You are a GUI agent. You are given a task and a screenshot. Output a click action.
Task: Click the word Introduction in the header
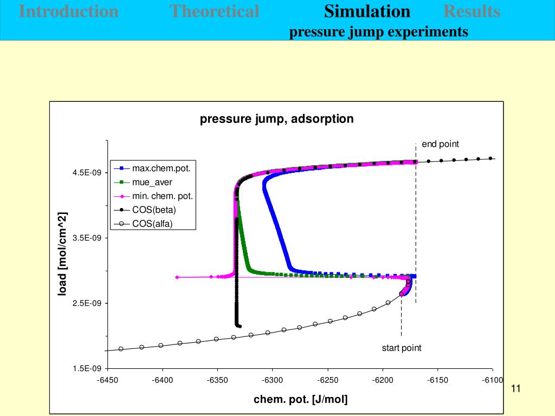click(69, 11)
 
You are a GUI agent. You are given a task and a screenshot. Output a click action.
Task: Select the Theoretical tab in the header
click(214, 11)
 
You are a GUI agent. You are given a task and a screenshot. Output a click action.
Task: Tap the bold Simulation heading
click(367, 11)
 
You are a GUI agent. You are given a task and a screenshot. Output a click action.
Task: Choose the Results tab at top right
click(472, 11)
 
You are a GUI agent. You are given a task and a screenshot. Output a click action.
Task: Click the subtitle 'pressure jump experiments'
click(378, 32)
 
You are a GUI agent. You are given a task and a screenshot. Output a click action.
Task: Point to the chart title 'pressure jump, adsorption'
click(276, 119)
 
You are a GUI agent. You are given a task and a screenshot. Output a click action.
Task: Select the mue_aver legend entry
click(152, 183)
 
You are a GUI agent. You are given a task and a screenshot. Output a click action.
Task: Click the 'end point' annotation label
click(440, 144)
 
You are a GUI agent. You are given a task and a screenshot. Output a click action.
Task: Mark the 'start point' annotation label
click(401, 348)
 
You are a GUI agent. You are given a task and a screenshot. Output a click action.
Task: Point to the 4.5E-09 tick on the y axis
click(87, 173)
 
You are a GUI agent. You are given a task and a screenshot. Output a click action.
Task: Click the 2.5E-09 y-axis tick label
click(87, 303)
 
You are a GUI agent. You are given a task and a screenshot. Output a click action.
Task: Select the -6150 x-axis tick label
click(437, 380)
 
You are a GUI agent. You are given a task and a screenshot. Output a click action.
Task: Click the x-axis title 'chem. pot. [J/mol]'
click(301, 400)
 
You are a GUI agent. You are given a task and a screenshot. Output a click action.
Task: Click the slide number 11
click(515, 389)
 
